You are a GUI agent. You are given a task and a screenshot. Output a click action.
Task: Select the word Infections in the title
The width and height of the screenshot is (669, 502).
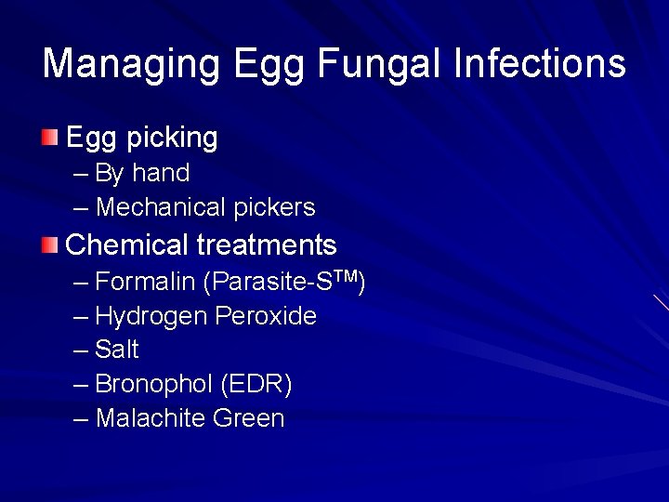(540, 64)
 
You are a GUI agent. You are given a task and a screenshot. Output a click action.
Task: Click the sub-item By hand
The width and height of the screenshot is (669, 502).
(141, 173)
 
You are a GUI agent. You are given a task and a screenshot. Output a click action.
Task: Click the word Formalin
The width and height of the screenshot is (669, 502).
(145, 282)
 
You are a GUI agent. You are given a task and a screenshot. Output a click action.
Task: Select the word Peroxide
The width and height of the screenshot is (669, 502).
(266, 316)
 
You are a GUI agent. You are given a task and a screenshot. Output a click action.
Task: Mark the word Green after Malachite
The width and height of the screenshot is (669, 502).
(249, 418)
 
